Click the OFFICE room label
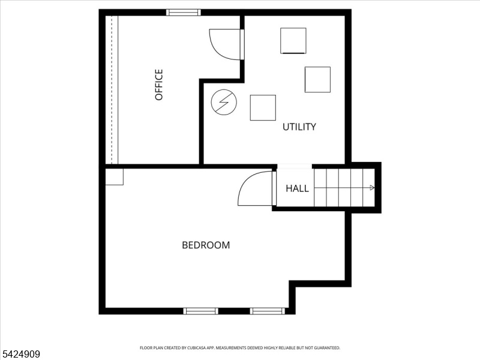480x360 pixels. (x=159, y=85)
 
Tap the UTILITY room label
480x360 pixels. (x=299, y=127)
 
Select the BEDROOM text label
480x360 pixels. (x=206, y=245)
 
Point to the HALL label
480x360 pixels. (x=297, y=188)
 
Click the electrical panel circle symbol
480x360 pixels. (x=224, y=102)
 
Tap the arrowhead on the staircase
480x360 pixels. (x=372, y=188)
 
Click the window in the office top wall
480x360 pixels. (x=184, y=13)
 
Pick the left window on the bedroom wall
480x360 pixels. (x=201, y=311)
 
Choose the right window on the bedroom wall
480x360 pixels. (x=267, y=311)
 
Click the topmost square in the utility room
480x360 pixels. (x=293, y=41)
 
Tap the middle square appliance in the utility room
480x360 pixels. (x=317, y=80)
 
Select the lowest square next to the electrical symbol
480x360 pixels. (x=263, y=108)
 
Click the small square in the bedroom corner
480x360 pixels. (x=114, y=176)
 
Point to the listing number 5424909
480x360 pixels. (x=20, y=354)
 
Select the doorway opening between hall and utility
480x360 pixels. (x=295, y=166)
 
